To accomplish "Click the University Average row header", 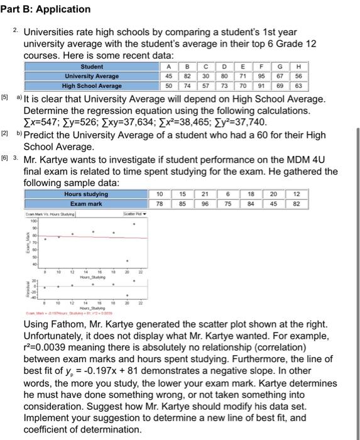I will [x=92, y=76].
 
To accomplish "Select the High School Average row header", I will [x=92, y=86].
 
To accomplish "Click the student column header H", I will [x=298, y=66].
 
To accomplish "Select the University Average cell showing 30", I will [x=205, y=76].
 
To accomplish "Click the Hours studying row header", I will [x=86, y=194].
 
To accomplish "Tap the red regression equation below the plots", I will [x=69, y=312].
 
